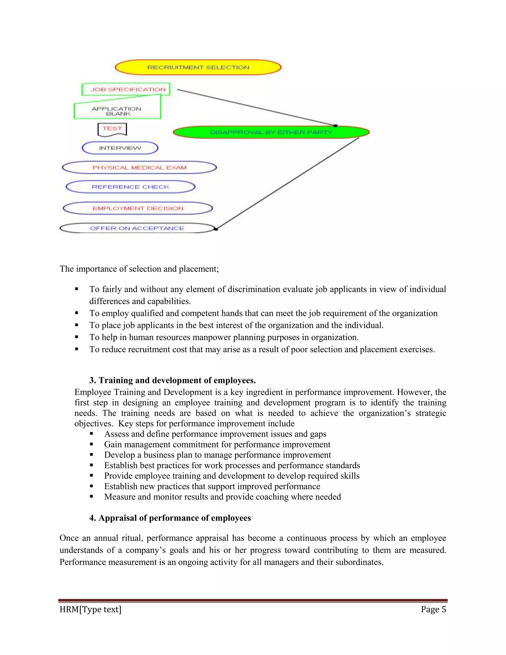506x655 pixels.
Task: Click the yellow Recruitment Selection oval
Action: pyautogui.click(x=198, y=67)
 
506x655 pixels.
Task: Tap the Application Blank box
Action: pyautogui.click(x=117, y=111)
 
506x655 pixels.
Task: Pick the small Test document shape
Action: pyautogui.click(x=112, y=129)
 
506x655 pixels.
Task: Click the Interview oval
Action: pyautogui.click(x=120, y=148)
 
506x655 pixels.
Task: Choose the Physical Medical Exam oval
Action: pyautogui.click(x=139, y=167)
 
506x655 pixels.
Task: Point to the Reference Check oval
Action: pyautogui.click(x=130, y=187)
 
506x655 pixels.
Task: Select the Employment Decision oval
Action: pyautogui.click(x=138, y=208)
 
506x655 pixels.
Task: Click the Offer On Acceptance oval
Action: pyautogui.click(x=137, y=228)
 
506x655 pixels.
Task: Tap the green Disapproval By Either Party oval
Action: pyautogui.click(x=271, y=132)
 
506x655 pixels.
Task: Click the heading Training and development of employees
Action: pyautogui.click(x=172, y=380)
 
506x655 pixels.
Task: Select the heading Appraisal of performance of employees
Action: pyautogui.click(x=170, y=518)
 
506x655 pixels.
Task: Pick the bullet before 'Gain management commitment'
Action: pyautogui.click(x=92, y=444)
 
